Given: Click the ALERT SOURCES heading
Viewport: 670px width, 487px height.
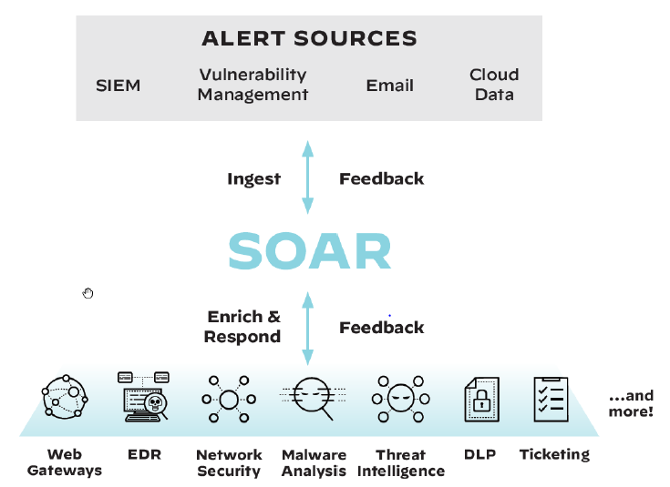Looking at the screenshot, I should [x=309, y=38].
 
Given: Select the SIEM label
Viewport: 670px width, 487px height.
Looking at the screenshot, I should [x=119, y=86].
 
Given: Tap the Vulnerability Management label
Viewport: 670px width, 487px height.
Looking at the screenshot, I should [x=253, y=85].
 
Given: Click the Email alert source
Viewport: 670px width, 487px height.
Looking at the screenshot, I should [x=390, y=86].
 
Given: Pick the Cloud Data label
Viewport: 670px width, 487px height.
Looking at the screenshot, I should [x=494, y=85].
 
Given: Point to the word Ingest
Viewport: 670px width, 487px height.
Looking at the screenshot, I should [x=253, y=178].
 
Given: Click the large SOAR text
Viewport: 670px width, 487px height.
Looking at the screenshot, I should [x=309, y=251].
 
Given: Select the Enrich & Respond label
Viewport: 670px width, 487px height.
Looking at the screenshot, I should [x=243, y=327].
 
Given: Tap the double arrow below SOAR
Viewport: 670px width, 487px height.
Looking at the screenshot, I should [x=307, y=329].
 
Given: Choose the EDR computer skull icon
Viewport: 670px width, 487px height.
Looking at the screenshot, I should [x=144, y=396].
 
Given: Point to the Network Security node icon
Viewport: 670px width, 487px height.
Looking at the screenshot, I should [x=228, y=399].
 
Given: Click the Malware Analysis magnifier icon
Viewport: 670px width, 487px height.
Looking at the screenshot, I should [x=314, y=398].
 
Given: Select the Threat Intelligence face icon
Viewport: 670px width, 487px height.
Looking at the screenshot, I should [x=400, y=398].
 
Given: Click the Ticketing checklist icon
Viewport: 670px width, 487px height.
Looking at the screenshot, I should [x=551, y=399].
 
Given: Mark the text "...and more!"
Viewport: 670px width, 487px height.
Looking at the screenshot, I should [x=631, y=403].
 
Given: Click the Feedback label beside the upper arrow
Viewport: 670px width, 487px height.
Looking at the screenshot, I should [x=381, y=178].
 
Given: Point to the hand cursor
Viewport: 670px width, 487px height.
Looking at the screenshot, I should [x=88, y=292].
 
